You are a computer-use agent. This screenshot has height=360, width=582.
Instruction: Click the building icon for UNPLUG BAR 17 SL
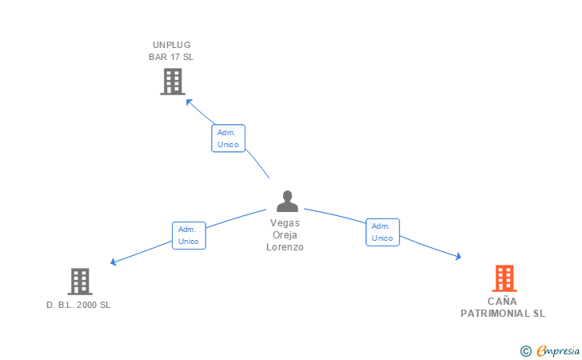tap(173, 82)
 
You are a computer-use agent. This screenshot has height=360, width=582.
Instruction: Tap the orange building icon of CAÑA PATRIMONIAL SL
tap(504, 278)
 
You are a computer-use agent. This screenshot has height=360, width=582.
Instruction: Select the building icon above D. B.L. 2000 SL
tap(80, 282)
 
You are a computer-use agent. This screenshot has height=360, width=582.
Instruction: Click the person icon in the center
tap(287, 201)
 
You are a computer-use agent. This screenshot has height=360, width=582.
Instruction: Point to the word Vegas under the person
tap(285, 223)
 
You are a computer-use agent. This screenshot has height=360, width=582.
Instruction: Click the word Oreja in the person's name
tap(285, 234)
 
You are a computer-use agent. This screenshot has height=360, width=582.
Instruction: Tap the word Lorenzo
tap(285, 247)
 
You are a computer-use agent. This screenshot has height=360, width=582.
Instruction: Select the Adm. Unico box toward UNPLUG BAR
tap(229, 138)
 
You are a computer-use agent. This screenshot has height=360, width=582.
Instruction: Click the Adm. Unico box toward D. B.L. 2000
tap(189, 235)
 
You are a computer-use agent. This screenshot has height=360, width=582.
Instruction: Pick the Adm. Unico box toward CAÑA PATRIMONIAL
tap(383, 232)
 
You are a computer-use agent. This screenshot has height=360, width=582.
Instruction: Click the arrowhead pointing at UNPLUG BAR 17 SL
tap(189, 102)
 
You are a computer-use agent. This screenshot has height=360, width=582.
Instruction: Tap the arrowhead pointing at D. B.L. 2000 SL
tap(114, 262)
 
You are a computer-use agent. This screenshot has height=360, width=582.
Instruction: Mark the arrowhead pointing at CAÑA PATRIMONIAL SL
tap(459, 256)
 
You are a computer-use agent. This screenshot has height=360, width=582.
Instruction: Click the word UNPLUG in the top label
tap(172, 45)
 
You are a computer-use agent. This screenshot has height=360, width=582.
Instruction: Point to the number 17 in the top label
tap(175, 57)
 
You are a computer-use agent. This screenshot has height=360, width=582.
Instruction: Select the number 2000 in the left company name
tap(87, 305)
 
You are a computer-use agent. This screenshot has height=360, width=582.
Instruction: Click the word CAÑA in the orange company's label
tap(502, 301)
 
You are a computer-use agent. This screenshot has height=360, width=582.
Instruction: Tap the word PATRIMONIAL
tap(495, 314)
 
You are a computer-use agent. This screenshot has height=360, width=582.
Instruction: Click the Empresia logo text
tap(558, 350)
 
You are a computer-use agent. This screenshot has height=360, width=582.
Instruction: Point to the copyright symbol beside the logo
tap(526, 351)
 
